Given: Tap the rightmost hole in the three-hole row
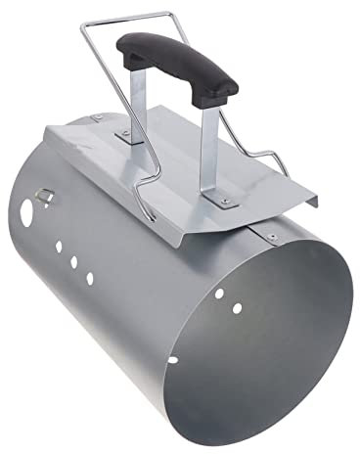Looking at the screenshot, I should pos(89,278).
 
